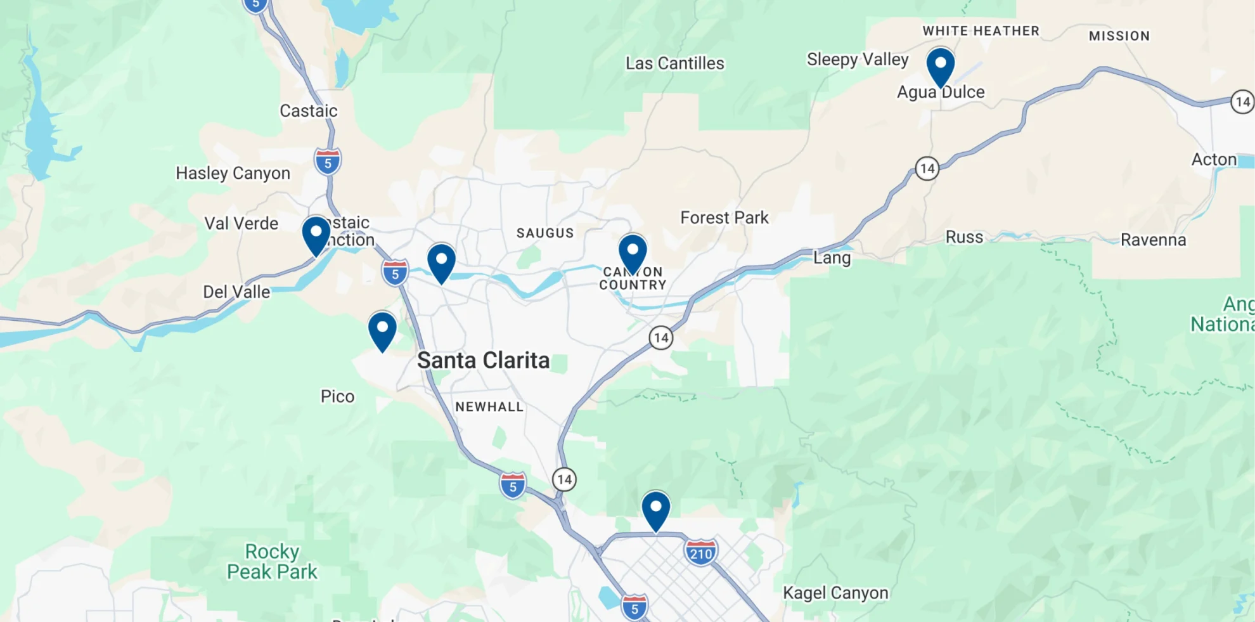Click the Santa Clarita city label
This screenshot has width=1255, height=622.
(x=483, y=361)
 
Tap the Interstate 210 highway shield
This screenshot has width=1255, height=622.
(x=700, y=553)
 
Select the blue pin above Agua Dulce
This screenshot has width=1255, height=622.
(x=941, y=66)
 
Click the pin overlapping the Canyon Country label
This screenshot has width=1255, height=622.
(x=633, y=252)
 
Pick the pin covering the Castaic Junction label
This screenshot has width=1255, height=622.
(x=316, y=235)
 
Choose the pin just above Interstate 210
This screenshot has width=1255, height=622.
(x=655, y=510)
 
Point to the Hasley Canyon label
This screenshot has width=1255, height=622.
(x=233, y=173)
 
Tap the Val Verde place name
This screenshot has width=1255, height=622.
(x=241, y=223)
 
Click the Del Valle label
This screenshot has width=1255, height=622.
(x=236, y=292)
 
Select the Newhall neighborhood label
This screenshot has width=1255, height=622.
(x=489, y=407)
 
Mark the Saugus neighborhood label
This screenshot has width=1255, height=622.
(x=545, y=233)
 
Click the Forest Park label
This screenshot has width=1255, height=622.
(x=724, y=218)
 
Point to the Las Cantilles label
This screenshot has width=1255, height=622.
(x=674, y=63)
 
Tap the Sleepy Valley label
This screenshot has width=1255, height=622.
(x=857, y=60)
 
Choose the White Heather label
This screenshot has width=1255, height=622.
(x=981, y=31)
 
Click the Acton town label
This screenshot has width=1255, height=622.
(x=1214, y=159)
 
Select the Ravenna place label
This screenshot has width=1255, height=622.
(x=1153, y=240)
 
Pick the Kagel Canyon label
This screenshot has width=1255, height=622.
(x=835, y=593)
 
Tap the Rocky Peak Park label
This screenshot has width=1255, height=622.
(x=272, y=562)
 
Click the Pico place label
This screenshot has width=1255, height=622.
(x=337, y=396)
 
